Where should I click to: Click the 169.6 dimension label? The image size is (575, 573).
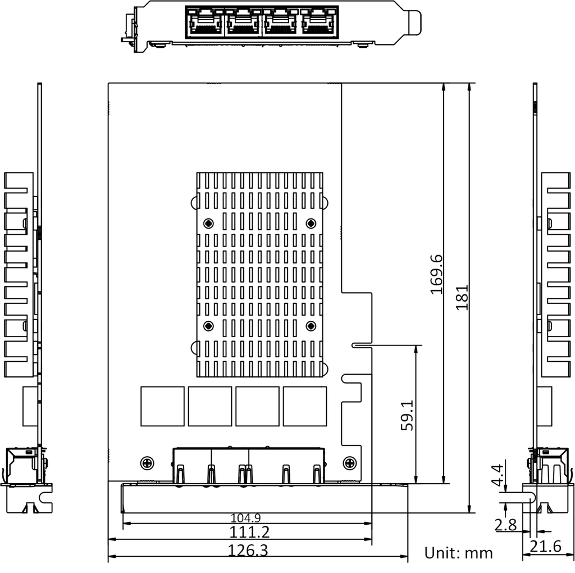[436, 274]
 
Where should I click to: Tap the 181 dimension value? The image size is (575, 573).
[462, 298]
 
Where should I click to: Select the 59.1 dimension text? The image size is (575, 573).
[407, 415]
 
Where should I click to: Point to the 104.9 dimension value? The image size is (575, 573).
[246, 518]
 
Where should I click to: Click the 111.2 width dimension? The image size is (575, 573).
[249, 532]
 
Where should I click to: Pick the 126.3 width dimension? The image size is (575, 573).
[248, 551]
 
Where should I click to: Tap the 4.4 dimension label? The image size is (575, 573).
[498, 475]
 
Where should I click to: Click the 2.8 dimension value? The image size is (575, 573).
[506, 525]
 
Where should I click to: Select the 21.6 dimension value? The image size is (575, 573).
[546, 547]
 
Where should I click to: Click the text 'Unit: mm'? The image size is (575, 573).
[458, 553]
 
